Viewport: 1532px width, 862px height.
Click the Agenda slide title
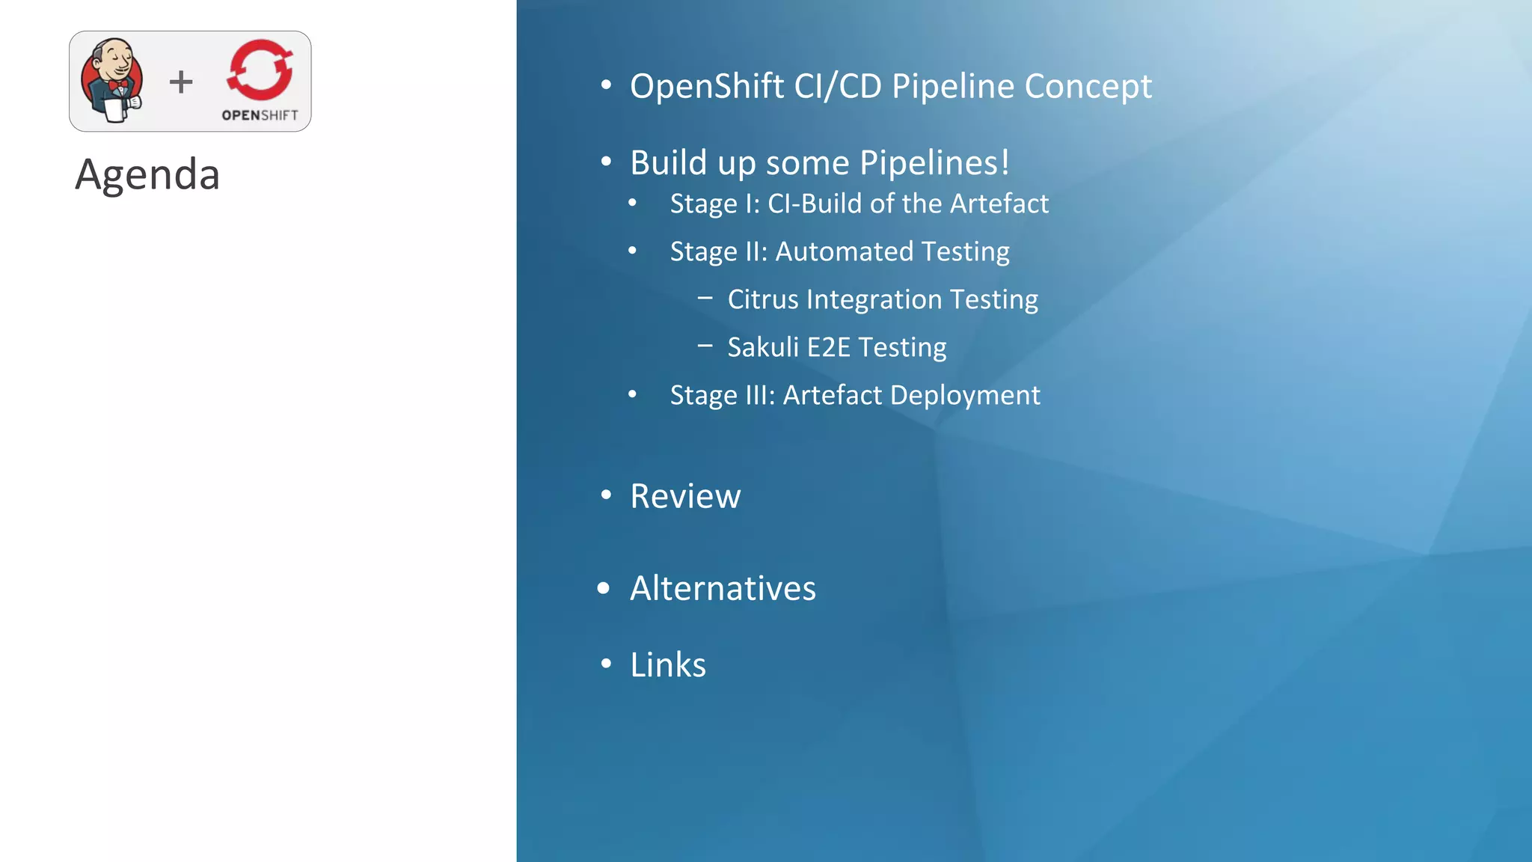[x=147, y=174]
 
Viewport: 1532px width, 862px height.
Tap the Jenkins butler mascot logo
[x=112, y=81]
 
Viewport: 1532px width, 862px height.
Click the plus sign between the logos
[x=181, y=82]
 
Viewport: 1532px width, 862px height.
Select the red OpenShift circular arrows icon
[x=260, y=70]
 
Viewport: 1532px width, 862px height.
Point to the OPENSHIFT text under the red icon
[x=260, y=115]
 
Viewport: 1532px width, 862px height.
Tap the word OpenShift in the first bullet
[x=707, y=86]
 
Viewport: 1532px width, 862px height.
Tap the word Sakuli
[x=763, y=347]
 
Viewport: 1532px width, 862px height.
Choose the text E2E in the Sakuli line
[x=828, y=347]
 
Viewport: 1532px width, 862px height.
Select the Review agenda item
[x=685, y=496]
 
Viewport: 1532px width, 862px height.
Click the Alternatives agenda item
[x=723, y=588]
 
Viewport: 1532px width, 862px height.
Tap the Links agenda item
[x=668, y=664]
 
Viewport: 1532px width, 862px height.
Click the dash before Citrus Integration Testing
[x=705, y=298]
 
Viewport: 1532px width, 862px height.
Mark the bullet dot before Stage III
[x=632, y=394]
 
